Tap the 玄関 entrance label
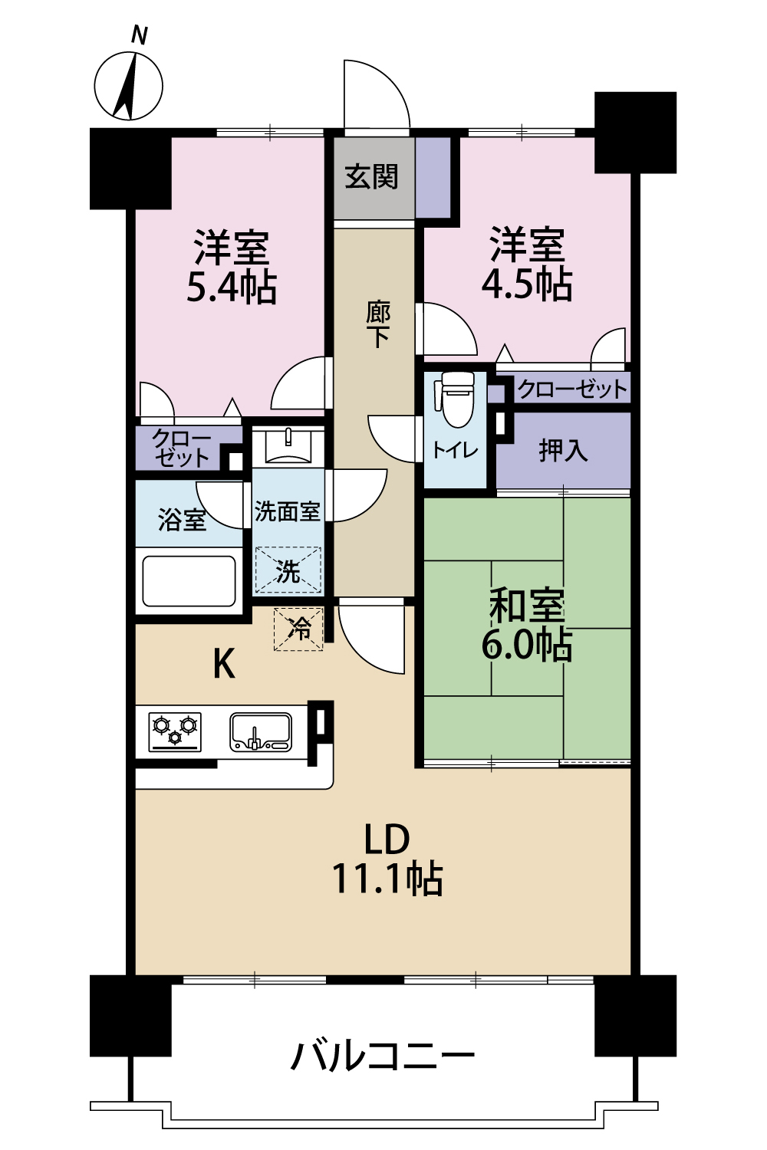(371, 176)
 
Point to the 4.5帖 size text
(527, 284)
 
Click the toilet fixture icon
(454, 399)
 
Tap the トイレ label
(455, 451)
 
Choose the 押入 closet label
(563, 450)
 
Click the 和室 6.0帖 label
(527, 625)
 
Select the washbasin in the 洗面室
(288, 445)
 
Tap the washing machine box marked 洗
(288, 570)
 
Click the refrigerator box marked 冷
(298, 629)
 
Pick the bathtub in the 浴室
(189, 581)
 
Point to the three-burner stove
(175, 731)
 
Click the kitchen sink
(261, 731)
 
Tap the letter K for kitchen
(225, 664)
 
